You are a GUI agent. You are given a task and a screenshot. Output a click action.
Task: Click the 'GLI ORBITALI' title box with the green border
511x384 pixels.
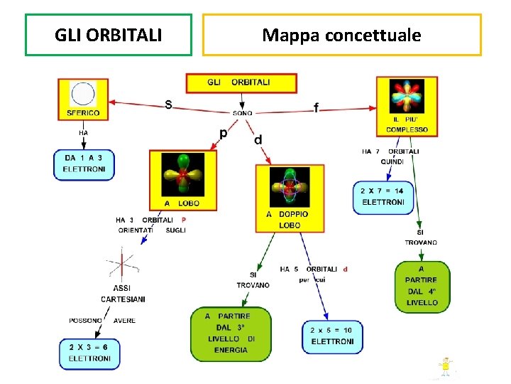tap(109, 35)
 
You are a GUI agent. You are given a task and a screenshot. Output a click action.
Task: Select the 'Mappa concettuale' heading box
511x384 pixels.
tap(341, 35)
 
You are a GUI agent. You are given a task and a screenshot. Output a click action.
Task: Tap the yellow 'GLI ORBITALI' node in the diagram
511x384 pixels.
tap(238, 82)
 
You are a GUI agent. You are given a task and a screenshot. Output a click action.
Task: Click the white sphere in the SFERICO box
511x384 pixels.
tap(83, 94)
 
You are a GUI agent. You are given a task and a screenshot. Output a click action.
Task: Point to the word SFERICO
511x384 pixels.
tap(83, 113)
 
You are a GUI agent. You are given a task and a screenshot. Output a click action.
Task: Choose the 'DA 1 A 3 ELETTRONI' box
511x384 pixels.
tap(84, 164)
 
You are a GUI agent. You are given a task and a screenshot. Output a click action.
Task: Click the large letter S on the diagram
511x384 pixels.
tap(168, 105)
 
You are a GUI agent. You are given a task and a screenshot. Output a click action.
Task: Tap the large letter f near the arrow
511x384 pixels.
tap(316, 107)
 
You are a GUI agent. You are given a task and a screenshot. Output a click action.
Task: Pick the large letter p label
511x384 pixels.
tap(223, 132)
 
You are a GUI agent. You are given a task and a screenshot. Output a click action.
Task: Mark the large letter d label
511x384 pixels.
tap(258, 140)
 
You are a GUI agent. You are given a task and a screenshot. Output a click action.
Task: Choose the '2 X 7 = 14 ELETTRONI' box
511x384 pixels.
tap(382, 197)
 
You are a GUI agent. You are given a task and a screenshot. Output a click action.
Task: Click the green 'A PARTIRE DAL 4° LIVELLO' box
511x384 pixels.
tap(422, 286)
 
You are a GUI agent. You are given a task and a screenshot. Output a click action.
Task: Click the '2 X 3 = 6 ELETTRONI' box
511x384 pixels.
tap(89, 353)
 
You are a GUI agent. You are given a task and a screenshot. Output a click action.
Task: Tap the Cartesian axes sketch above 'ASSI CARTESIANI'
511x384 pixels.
tap(122, 265)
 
